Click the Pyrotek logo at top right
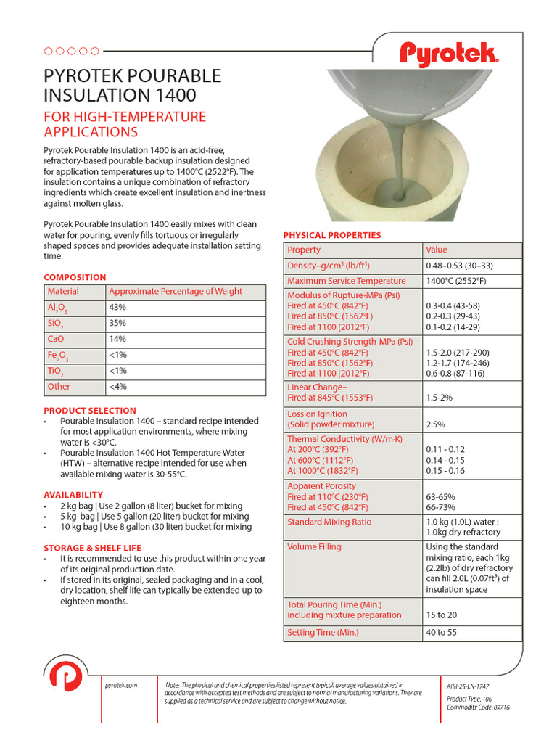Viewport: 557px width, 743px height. coord(449,53)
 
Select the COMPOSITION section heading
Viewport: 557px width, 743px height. coord(75,277)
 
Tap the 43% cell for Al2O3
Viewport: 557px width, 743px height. coord(117,307)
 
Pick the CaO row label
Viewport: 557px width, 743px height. coord(56,339)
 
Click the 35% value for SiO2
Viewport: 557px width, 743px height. coord(117,323)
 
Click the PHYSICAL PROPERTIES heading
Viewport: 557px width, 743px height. coord(331,235)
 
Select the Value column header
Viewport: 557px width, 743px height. coord(437,250)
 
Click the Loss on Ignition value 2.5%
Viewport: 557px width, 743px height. coord(436,424)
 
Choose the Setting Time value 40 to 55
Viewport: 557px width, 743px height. coord(442,633)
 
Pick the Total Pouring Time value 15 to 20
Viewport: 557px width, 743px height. coord(442,615)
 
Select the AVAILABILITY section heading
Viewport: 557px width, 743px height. coord(73,495)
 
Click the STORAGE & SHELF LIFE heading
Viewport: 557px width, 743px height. coord(93,548)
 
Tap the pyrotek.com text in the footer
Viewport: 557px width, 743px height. coord(121,685)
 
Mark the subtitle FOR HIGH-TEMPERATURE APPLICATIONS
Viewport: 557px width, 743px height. coord(125,124)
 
